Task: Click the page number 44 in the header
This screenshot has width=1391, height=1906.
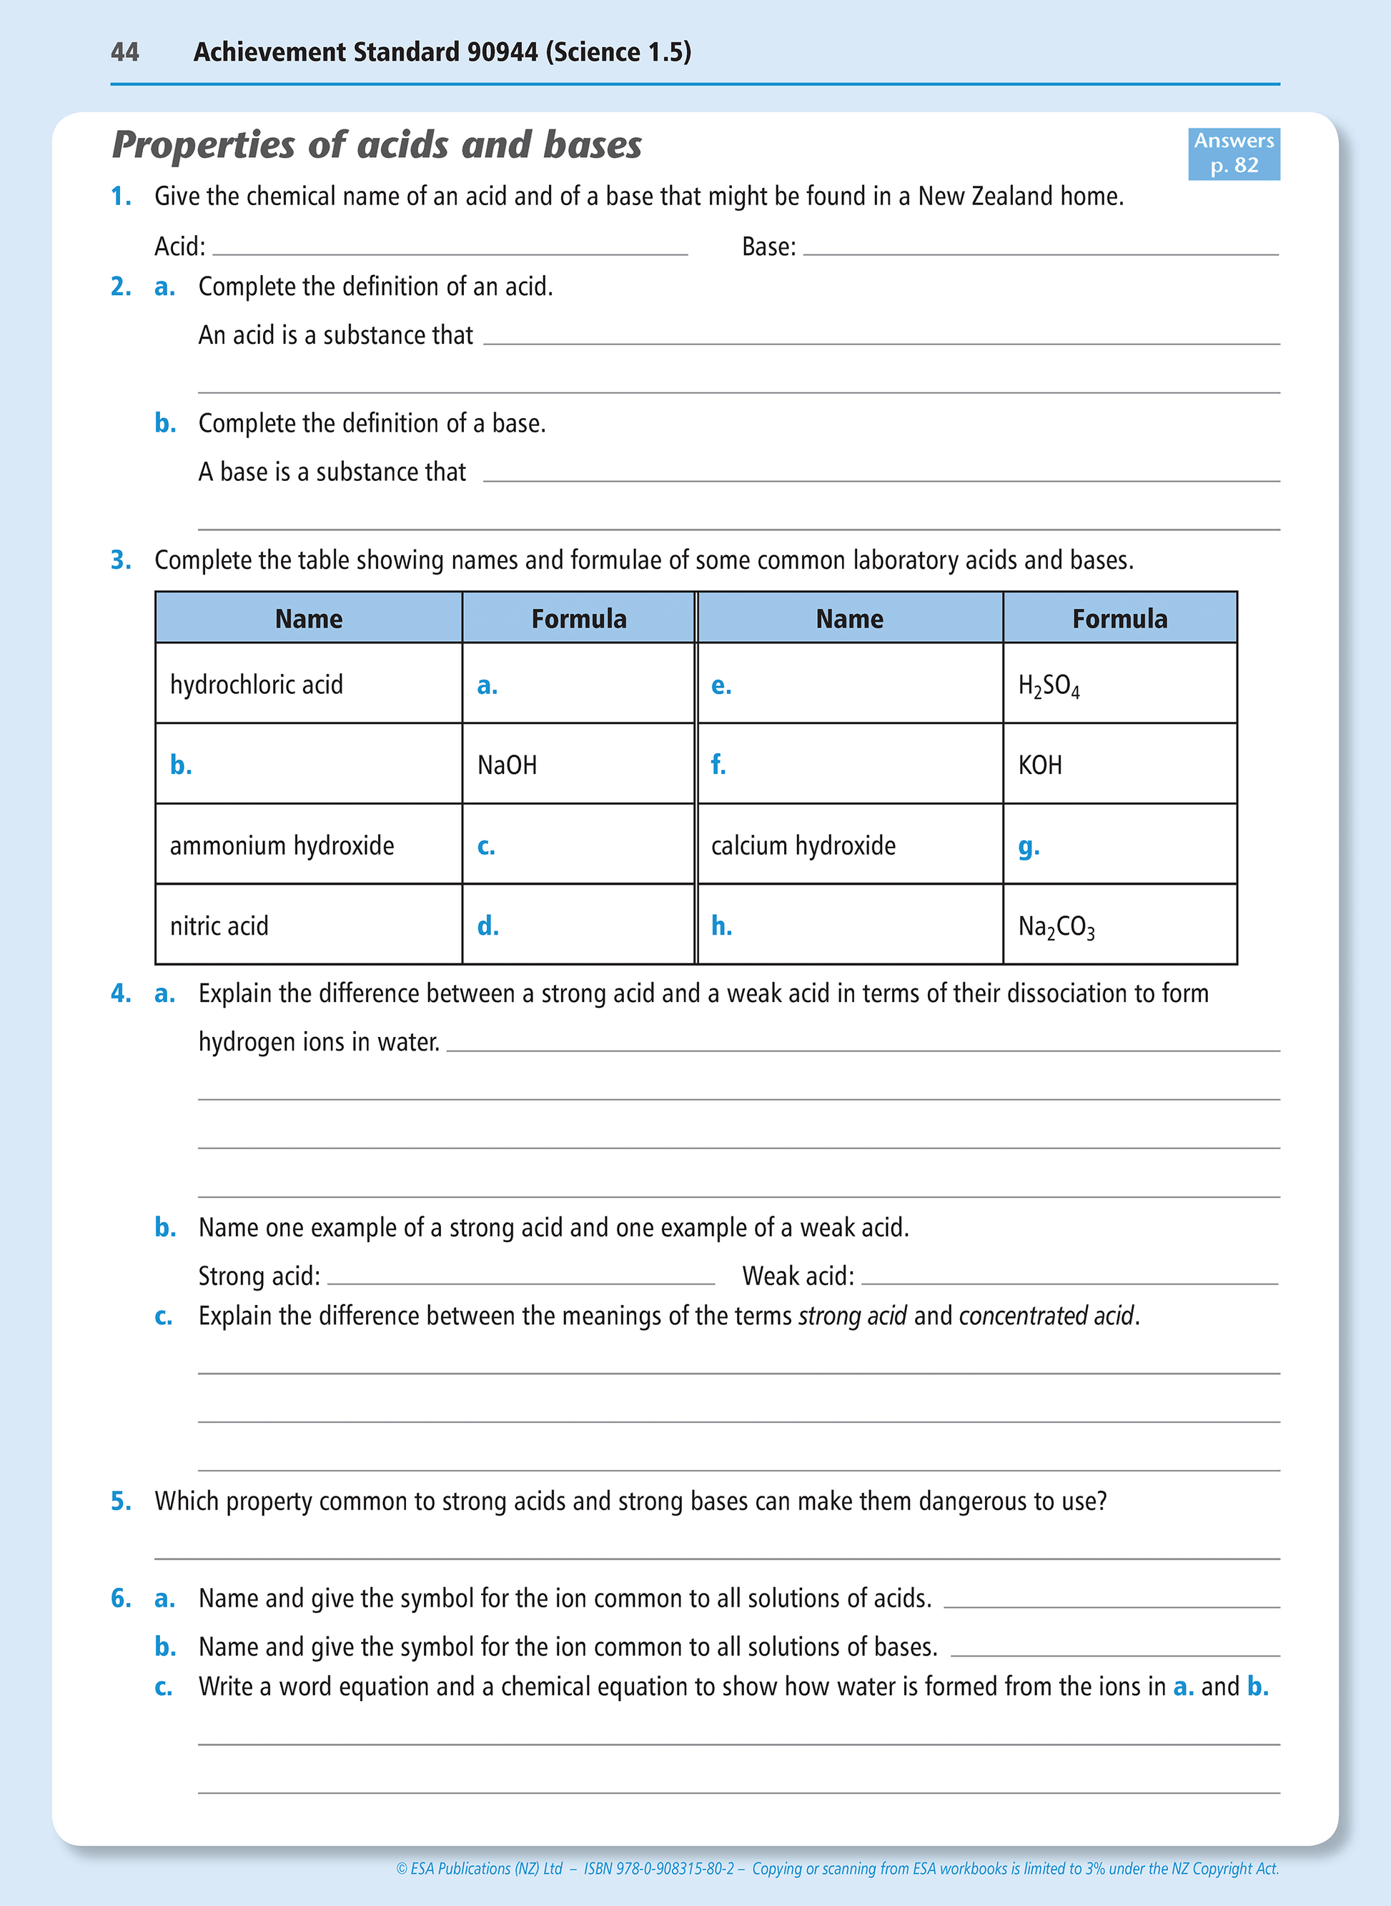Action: tap(124, 52)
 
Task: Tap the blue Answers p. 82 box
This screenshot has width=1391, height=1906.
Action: tap(1234, 152)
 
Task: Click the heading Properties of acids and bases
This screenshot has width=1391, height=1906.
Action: tap(377, 145)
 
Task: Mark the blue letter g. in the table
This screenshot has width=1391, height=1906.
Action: tap(1028, 846)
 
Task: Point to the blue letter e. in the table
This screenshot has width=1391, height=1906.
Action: tap(721, 685)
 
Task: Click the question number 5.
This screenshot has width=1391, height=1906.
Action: tap(120, 1501)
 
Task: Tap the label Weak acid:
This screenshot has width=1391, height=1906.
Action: tap(798, 1276)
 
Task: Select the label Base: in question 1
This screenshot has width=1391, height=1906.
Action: tap(768, 247)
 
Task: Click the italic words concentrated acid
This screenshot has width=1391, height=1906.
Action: tap(1046, 1316)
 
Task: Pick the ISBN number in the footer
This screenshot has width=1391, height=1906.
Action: tap(659, 1868)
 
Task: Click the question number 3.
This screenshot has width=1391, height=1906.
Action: tap(120, 560)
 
